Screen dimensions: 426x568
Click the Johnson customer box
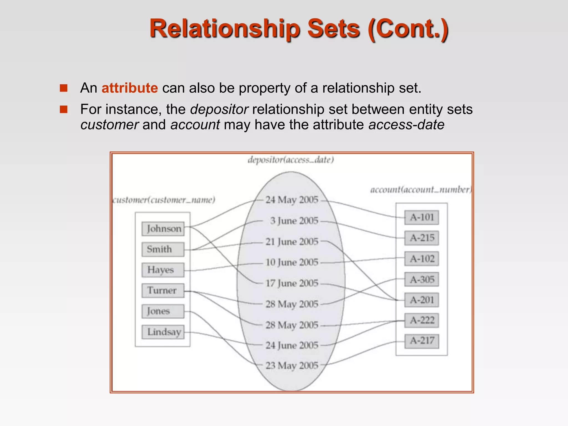pos(163,229)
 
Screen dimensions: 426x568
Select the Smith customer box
pos(163,249)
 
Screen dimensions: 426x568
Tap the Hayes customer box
pos(163,270)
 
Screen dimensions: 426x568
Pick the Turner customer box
pos(163,290)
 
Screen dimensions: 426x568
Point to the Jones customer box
pos(163,311)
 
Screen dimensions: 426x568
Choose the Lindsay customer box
pos(163,332)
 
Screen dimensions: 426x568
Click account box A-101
pos(422,217)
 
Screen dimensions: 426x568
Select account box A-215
pos(422,238)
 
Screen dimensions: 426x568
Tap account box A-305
pos(422,279)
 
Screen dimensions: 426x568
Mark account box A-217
pos(422,341)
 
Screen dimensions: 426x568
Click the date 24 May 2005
pos(292,200)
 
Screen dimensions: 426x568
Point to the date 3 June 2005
pos(294,221)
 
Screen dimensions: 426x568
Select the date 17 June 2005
pos(292,283)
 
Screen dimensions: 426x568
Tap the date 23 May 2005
pos(292,366)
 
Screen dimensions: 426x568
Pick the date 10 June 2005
pos(292,262)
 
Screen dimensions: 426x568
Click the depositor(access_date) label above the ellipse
pos(291,160)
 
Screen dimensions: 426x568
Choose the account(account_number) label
pos(421,190)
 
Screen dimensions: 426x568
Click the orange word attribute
pos(130,88)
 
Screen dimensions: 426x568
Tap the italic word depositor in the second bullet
pos(219,109)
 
